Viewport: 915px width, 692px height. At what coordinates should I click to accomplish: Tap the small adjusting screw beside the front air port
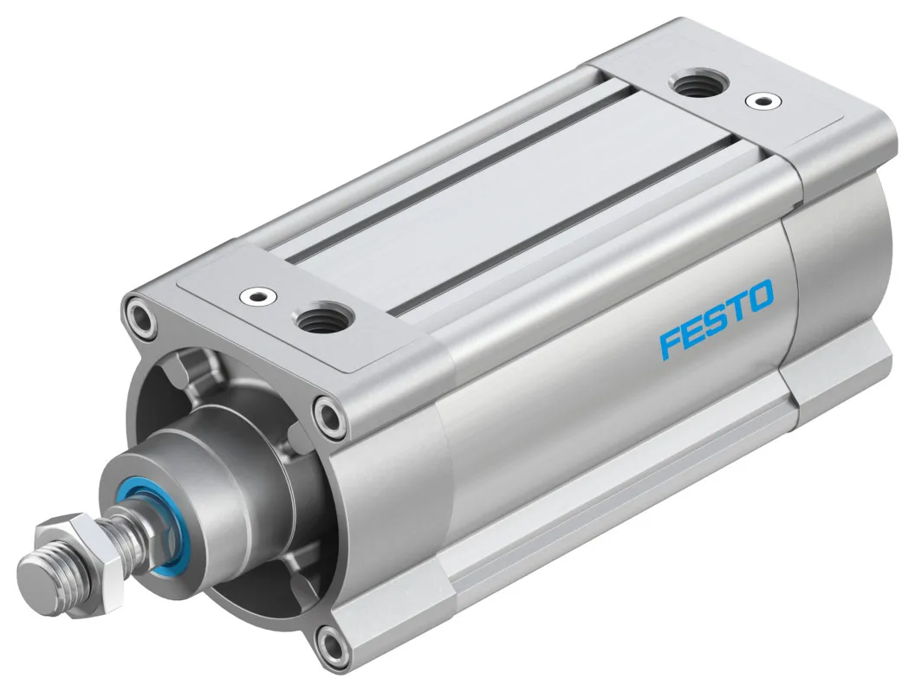pos(256,296)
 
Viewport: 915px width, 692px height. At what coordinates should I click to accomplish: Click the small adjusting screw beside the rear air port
pos(761,100)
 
